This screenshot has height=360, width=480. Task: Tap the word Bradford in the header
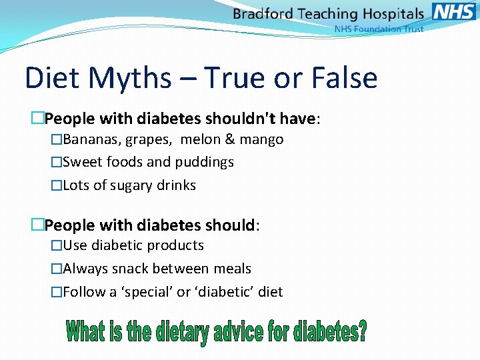point(261,13)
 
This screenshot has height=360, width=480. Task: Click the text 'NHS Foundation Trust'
point(378,29)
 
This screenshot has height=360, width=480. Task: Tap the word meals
point(232,269)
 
